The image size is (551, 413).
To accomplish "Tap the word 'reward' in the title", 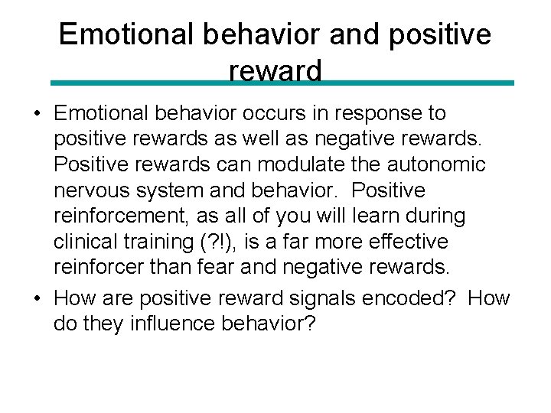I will (x=275, y=71).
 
